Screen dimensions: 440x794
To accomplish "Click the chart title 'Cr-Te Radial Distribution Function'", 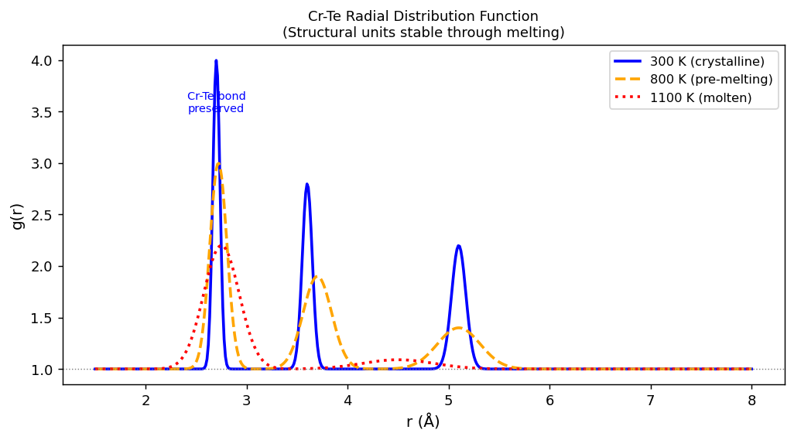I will (423, 16).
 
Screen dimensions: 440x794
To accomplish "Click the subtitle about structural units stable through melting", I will (423, 32).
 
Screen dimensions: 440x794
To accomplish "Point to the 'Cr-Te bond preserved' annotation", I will (216, 103).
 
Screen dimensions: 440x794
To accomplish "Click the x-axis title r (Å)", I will (423, 422).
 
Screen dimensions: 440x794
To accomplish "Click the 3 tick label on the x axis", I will (246, 400).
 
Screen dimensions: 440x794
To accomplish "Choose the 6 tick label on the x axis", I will (549, 400).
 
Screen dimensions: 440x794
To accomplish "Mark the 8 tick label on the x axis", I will (751, 400).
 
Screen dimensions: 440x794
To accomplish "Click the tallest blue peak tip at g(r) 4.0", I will (216, 60).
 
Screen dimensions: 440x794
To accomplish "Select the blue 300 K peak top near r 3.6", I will (307, 184).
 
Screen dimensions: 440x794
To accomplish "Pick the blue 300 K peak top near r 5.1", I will (459, 246).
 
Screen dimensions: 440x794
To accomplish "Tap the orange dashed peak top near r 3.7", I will (317, 277).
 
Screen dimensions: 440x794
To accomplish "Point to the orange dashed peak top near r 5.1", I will (459, 328).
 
